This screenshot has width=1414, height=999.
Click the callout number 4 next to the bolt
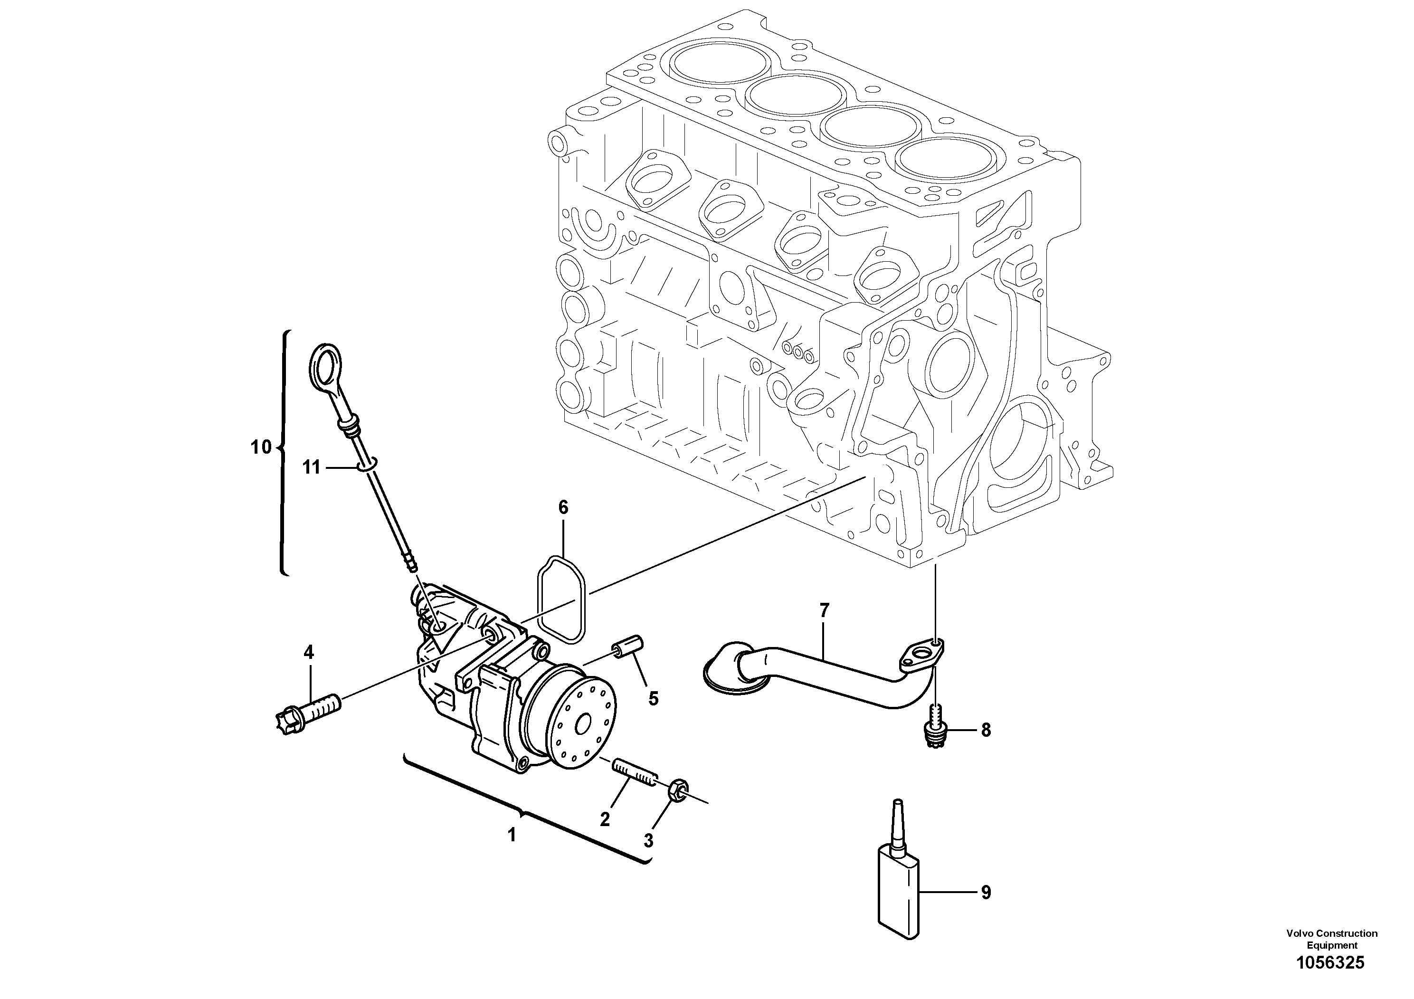point(309,652)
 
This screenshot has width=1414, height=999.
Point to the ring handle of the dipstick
point(324,371)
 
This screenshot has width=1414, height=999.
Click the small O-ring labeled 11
point(368,464)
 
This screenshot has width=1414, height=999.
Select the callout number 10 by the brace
point(261,447)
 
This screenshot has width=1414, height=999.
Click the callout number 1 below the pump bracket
point(511,835)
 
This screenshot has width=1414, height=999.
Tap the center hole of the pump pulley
point(583,723)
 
